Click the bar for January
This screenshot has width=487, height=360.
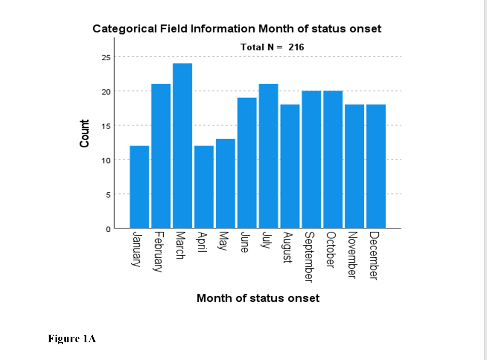139,187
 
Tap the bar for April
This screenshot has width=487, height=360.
204,187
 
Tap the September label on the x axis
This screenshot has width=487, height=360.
309,257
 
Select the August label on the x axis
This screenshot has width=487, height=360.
287,248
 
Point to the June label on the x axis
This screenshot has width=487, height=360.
245,243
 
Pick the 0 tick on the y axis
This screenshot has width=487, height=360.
107,229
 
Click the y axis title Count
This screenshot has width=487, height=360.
85,134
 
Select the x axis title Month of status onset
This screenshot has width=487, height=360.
258,298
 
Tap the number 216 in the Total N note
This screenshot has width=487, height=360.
296,47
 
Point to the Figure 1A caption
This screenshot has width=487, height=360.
72,339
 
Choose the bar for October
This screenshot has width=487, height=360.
332,159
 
